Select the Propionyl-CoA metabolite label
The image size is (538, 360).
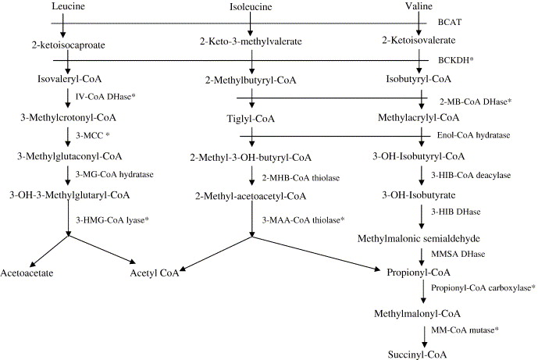pos(418,273)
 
